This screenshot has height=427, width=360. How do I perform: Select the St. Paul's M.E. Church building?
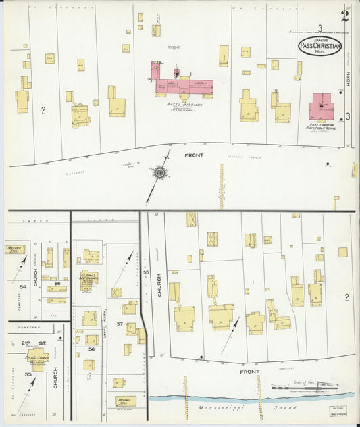(89, 278)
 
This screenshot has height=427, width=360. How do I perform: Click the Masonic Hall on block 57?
(126, 401)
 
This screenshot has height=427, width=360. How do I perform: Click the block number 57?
(120, 325)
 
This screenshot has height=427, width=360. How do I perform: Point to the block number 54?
(22, 287)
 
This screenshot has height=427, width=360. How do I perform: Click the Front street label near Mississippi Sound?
(250, 372)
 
